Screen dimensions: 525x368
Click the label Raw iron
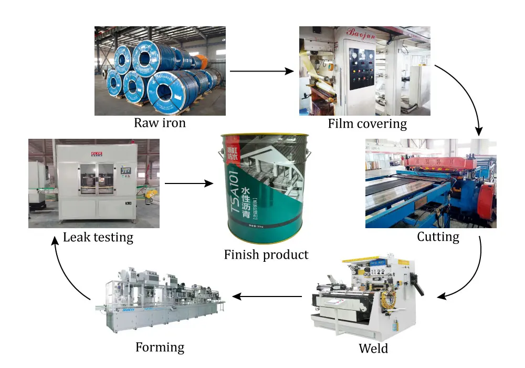pos(160,124)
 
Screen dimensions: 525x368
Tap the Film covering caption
pos(367,124)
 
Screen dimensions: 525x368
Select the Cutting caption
pos(438,237)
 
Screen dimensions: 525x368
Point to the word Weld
pos(373,349)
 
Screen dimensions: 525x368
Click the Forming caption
pos(160,347)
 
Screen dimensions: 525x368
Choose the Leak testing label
pos(98,238)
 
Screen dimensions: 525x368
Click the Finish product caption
pos(266,255)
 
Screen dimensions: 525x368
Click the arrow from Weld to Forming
pos(268,297)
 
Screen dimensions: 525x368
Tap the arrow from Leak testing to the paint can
pos(189,183)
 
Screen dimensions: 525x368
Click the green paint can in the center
pos(266,189)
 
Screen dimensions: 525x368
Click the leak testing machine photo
pos(94,183)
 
